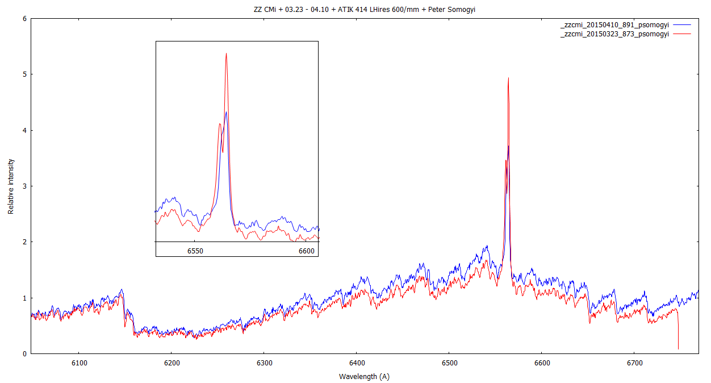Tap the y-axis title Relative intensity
point(11,186)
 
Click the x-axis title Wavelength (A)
point(364,376)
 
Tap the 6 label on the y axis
point(24,18)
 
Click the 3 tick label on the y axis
point(24,186)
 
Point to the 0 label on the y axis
point(24,353)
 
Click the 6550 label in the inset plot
point(195,251)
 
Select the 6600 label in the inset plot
point(306,251)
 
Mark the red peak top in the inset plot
point(226,54)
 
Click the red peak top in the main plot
point(508,78)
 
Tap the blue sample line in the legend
point(681,26)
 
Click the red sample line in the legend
point(681,34)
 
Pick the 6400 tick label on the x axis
point(357,363)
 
